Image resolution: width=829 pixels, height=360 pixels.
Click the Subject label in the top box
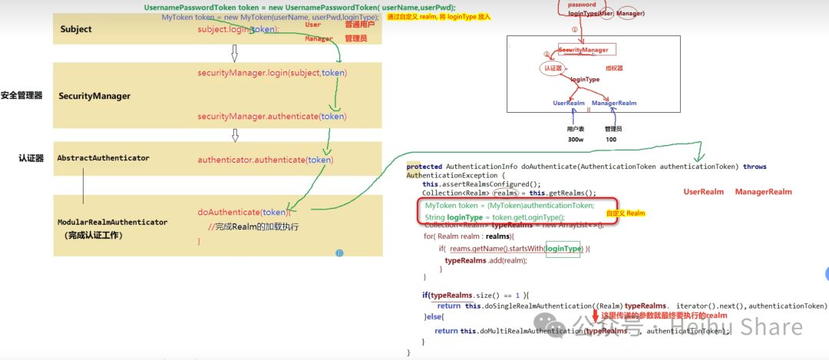(75, 29)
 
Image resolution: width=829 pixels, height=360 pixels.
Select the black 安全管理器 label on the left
(21, 95)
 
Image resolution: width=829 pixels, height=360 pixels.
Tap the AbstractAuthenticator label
(103, 157)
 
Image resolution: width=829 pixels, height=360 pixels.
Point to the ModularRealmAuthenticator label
(112, 222)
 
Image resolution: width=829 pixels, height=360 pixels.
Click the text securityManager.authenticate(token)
(272, 116)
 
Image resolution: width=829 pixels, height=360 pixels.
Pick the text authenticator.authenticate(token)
(265, 160)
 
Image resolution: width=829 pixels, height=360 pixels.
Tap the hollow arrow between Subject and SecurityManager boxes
(235, 53)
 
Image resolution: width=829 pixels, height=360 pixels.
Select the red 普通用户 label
(360, 25)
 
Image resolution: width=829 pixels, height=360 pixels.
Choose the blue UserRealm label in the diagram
(569, 103)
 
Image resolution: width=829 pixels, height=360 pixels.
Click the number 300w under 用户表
(575, 140)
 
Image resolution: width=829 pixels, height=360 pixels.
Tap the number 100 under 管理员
(611, 140)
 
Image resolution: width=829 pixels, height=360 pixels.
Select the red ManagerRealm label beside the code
(763, 191)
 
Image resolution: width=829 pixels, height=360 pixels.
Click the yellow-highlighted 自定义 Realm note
(626, 213)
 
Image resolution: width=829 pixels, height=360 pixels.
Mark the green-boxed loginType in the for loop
(563, 249)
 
